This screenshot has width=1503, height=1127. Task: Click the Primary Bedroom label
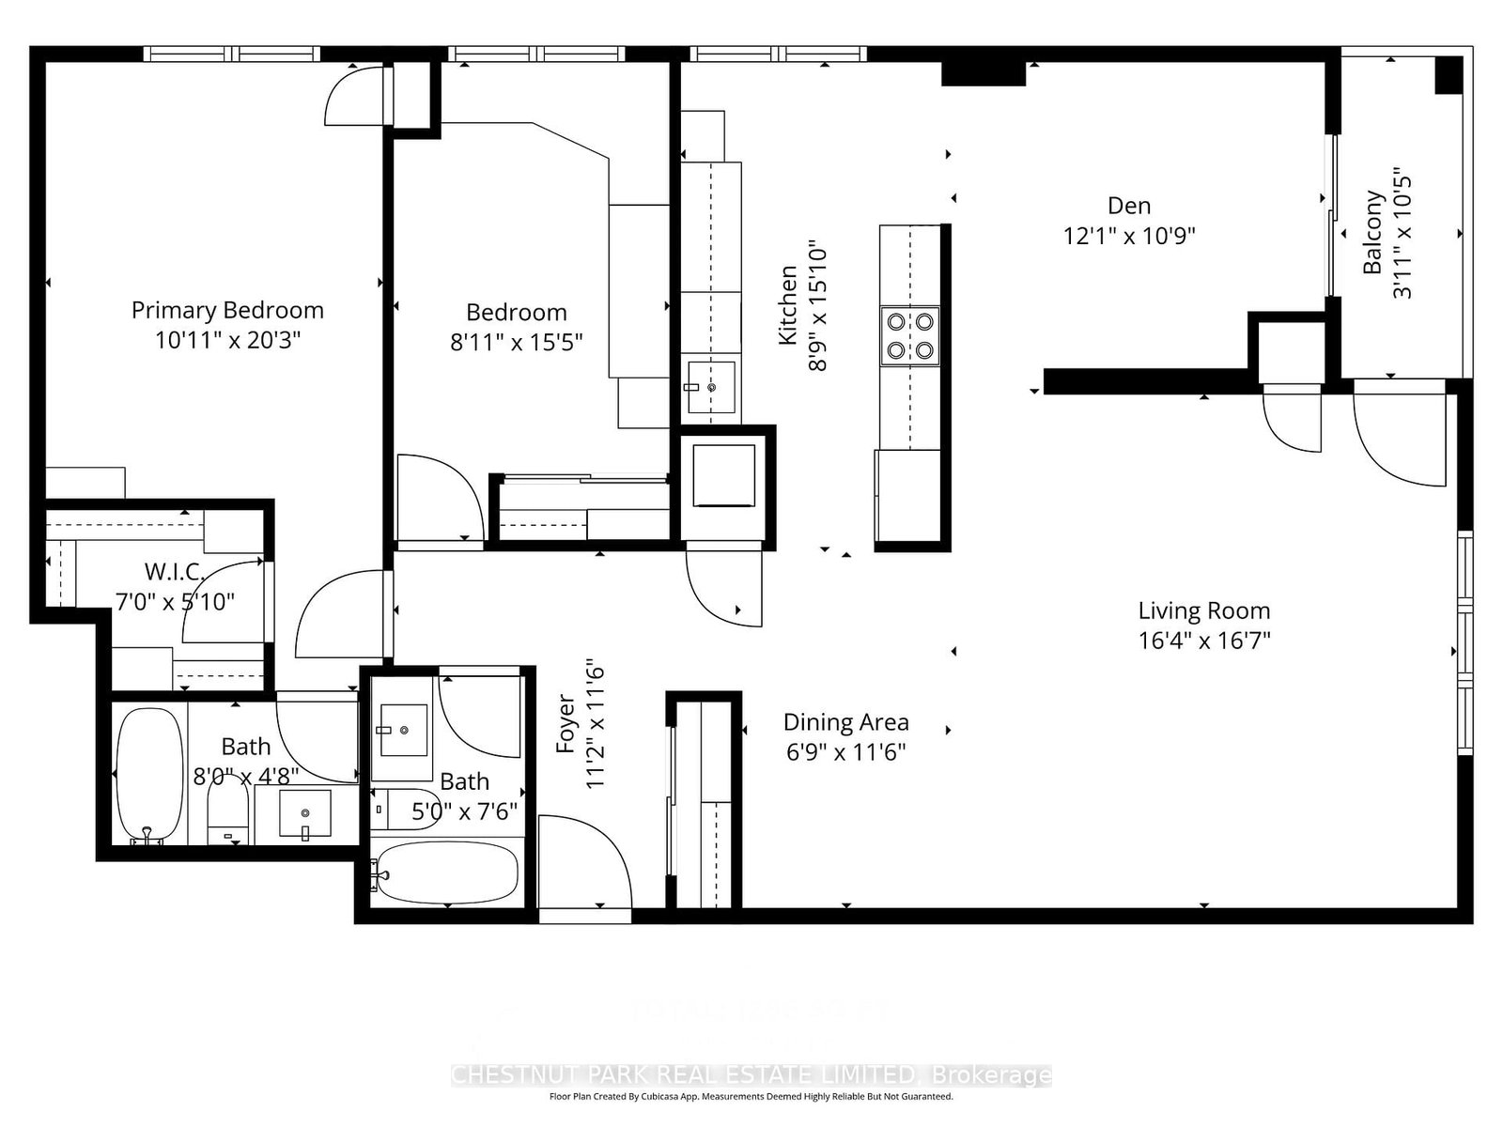tap(227, 310)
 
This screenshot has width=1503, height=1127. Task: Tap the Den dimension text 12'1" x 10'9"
tap(1128, 236)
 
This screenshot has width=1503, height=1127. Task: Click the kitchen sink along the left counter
tap(710, 386)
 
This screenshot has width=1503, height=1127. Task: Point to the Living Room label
tap(1203, 610)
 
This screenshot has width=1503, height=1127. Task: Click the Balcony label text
tap(1373, 232)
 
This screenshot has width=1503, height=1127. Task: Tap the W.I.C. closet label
tap(173, 572)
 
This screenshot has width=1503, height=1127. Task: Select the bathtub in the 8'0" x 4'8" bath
tap(149, 775)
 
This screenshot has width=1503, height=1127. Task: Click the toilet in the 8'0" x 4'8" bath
tap(227, 813)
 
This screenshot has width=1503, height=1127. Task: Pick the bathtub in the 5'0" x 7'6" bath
tap(445, 873)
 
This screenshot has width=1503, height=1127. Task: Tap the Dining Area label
tap(845, 722)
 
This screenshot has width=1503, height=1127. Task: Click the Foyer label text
tap(566, 723)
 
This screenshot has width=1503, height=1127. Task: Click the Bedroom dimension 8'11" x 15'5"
tap(516, 342)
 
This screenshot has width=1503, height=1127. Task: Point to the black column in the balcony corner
tap(1449, 75)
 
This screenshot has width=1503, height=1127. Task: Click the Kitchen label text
tap(788, 305)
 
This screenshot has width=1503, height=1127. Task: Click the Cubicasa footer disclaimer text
tap(751, 1096)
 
